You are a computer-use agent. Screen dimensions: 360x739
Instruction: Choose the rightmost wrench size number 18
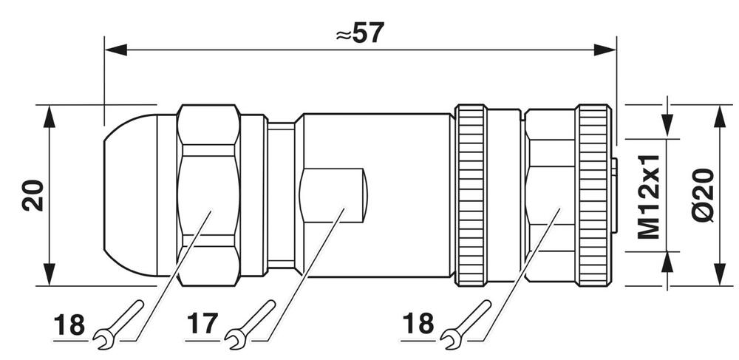pyautogui.click(x=419, y=325)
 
